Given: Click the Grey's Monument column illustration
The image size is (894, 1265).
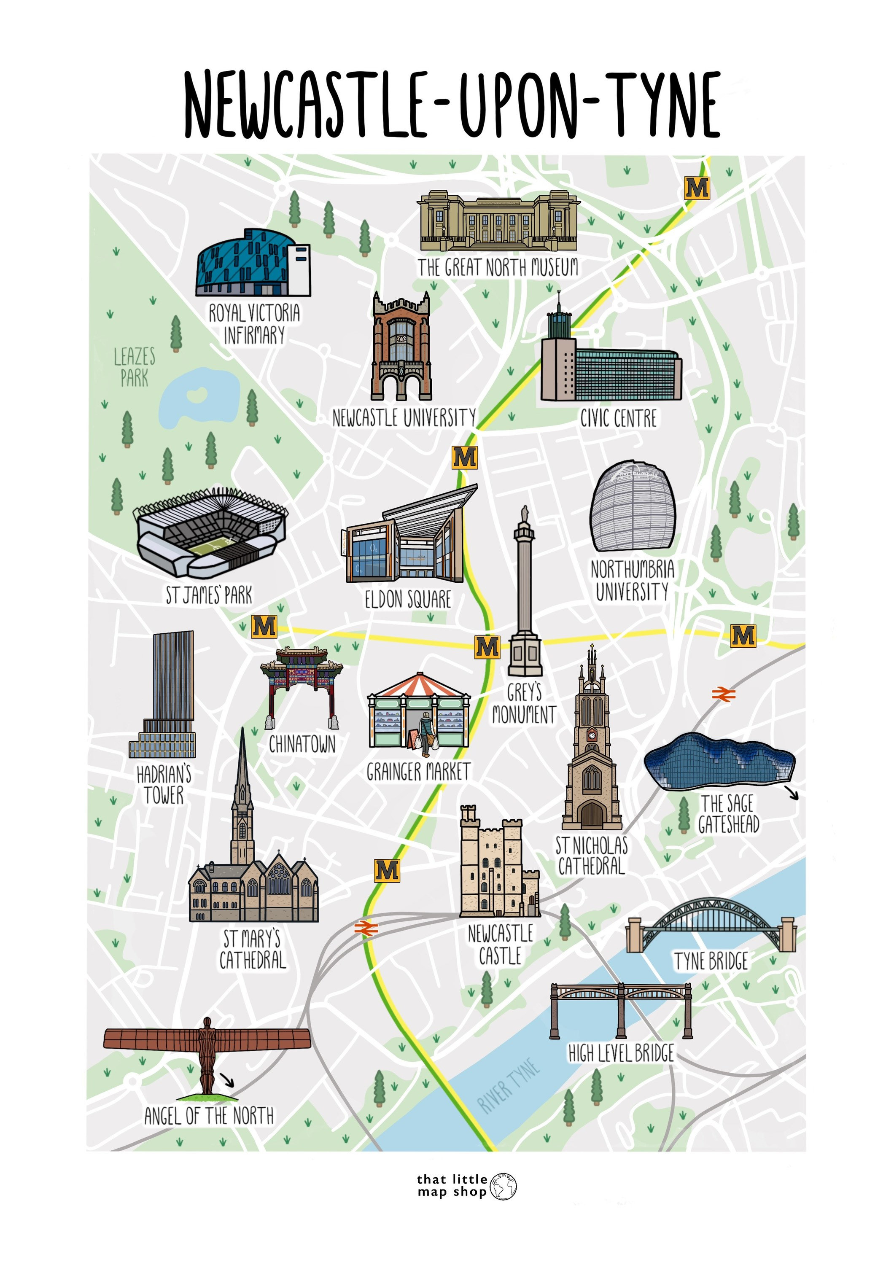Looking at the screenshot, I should point(525,595).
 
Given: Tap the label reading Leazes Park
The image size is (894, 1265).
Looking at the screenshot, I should point(135,367).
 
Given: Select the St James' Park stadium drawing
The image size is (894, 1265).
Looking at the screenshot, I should point(210,532).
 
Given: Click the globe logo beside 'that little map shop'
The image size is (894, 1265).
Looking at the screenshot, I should point(504,1187).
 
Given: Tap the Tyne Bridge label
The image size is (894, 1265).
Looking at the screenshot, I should point(711,961).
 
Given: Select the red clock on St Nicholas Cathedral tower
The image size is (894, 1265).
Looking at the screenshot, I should point(592,735).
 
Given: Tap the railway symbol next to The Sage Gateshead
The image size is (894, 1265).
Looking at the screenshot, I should point(723,695).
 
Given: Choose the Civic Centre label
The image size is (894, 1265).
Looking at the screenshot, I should point(619,419).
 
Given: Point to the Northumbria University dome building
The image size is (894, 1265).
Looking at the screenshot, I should point(633,507).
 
